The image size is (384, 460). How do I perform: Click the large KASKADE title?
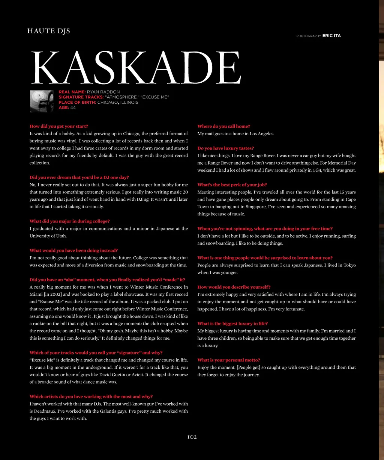[x=135, y=68]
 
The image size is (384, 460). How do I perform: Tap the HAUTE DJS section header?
[x=49, y=31]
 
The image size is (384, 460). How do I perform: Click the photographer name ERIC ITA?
[x=331, y=36]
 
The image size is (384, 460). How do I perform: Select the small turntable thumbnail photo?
[x=42, y=101]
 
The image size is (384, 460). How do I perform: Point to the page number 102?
[x=192, y=437]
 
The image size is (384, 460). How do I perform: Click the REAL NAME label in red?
[x=72, y=92]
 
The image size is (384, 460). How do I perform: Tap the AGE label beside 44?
[x=64, y=108]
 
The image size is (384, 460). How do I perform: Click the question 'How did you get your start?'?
[x=59, y=126]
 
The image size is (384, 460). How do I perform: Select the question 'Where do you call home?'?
[x=224, y=126]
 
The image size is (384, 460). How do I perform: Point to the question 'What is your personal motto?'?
[x=229, y=360]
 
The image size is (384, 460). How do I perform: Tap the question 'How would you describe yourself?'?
[x=234, y=287]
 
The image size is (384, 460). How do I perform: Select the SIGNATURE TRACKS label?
[x=81, y=97]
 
